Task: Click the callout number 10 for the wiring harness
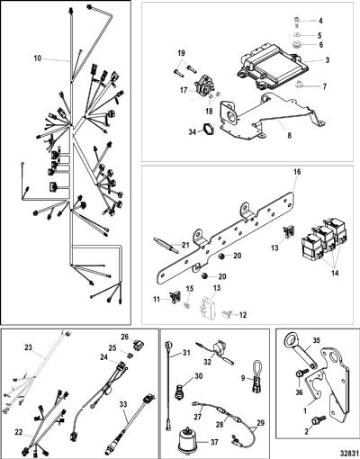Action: point(37,58)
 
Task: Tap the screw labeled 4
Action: point(296,21)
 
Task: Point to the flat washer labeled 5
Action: point(296,34)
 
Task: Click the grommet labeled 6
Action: point(296,44)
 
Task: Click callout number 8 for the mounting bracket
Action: point(289,136)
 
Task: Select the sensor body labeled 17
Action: point(203,85)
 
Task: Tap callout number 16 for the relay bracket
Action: point(297,172)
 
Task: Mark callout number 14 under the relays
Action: point(335,273)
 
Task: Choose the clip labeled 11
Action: point(174,298)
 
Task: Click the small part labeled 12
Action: point(227,314)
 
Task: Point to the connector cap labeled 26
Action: point(138,346)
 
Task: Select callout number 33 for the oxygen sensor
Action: point(123,404)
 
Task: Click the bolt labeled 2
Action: point(319,419)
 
